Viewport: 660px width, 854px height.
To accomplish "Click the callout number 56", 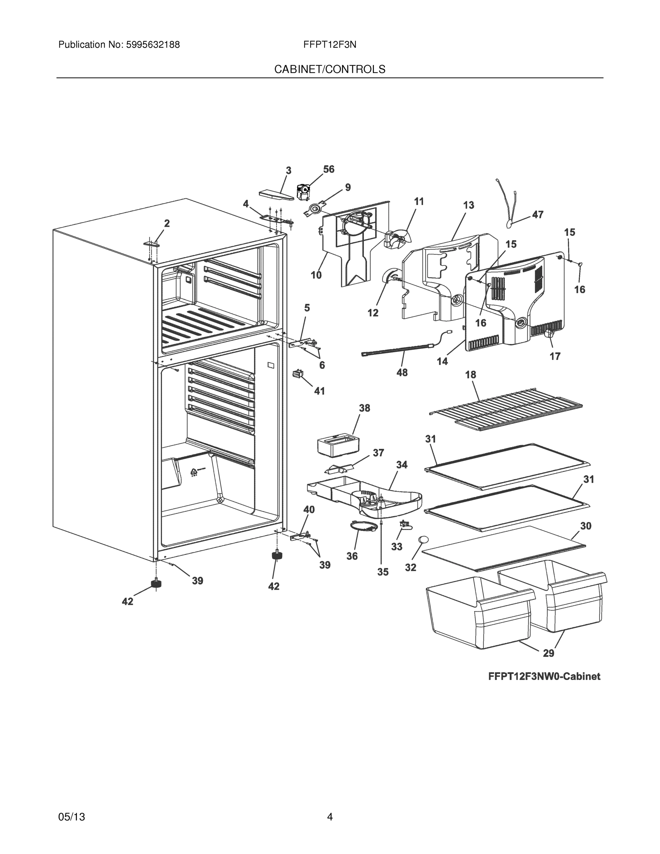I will pyautogui.click(x=328, y=169).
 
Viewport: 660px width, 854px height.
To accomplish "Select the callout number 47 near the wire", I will pyautogui.click(x=538, y=214).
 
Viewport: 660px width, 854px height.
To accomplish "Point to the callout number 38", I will pyautogui.click(x=364, y=408).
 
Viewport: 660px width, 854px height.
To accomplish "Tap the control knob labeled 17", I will pyautogui.click(x=550, y=333).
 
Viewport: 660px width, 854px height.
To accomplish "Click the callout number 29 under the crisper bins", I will pyautogui.click(x=549, y=653).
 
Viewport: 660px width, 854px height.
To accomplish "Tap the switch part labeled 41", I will pyautogui.click(x=298, y=374).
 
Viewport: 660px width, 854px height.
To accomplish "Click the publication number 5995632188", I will pyautogui.click(x=153, y=45).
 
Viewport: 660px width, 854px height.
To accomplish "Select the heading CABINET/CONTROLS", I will pyautogui.click(x=329, y=69).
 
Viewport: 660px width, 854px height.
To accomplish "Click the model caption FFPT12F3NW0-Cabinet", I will pyautogui.click(x=544, y=676).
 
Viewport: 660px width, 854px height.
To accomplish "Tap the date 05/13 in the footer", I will pyautogui.click(x=72, y=817).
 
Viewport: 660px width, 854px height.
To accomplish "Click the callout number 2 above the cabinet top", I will pyautogui.click(x=167, y=223).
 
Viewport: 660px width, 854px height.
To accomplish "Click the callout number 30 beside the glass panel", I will pyautogui.click(x=585, y=526).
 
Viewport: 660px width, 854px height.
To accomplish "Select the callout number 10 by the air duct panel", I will pyautogui.click(x=316, y=275).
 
